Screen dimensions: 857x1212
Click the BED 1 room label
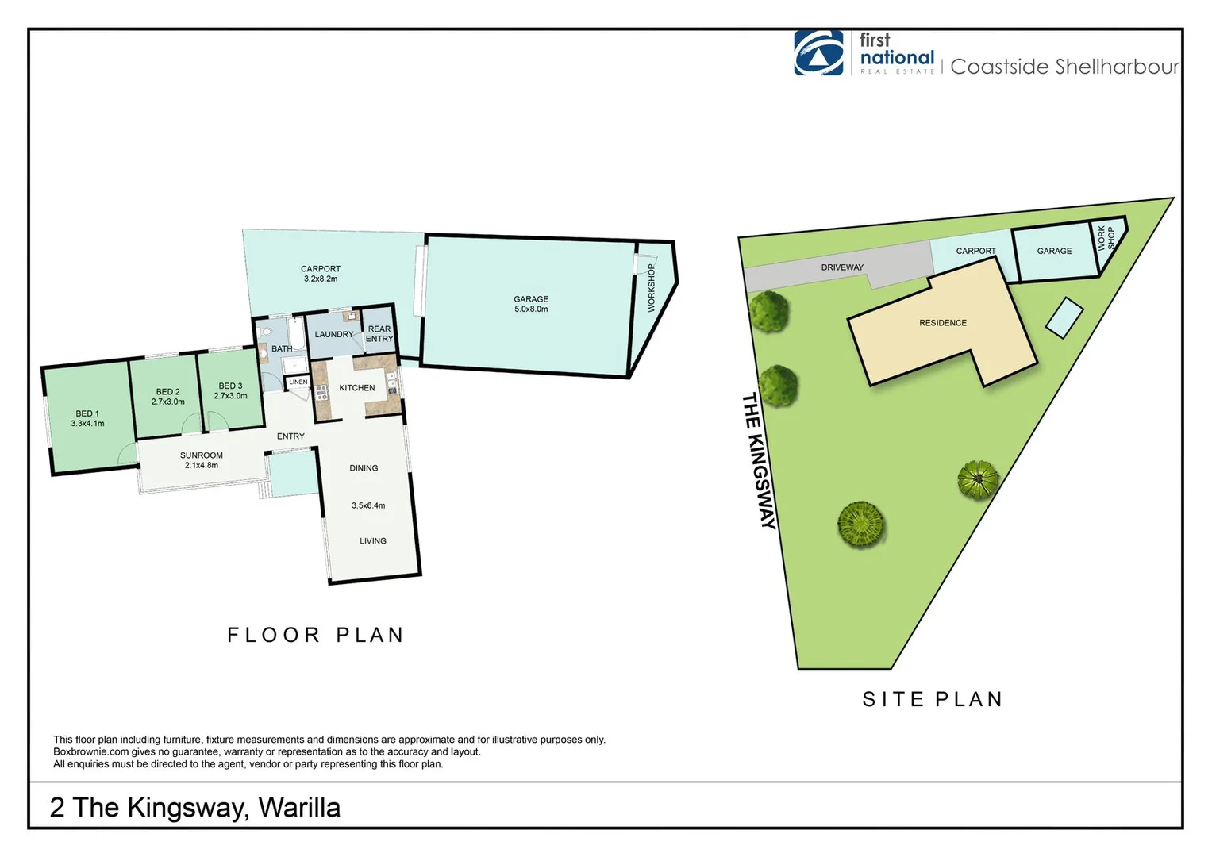[x=87, y=413]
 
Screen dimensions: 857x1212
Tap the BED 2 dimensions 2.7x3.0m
[x=167, y=402]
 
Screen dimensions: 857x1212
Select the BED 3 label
[x=230, y=386]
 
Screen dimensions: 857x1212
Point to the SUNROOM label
[x=202, y=455]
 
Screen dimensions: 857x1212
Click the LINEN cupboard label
[x=298, y=382]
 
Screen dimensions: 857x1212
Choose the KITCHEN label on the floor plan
[x=357, y=388]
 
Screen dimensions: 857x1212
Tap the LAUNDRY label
[x=334, y=334]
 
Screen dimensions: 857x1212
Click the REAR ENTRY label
[x=379, y=334]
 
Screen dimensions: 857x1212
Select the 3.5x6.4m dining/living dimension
[x=368, y=505]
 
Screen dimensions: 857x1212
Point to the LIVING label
[x=373, y=541]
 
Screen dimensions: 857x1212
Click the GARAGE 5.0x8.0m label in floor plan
[x=531, y=304]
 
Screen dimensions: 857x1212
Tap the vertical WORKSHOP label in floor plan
[x=652, y=287]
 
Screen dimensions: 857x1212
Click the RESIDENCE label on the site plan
[x=943, y=323]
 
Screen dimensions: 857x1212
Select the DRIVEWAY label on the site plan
[x=842, y=267]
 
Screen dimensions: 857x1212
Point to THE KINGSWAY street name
[x=759, y=460]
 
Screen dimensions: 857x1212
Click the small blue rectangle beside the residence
[x=1064, y=317]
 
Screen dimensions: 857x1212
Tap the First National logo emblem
[x=819, y=54]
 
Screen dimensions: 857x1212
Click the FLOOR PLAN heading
[x=316, y=635]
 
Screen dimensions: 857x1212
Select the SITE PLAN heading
[x=933, y=699]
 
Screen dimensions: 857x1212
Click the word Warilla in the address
[x=299, y=808]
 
